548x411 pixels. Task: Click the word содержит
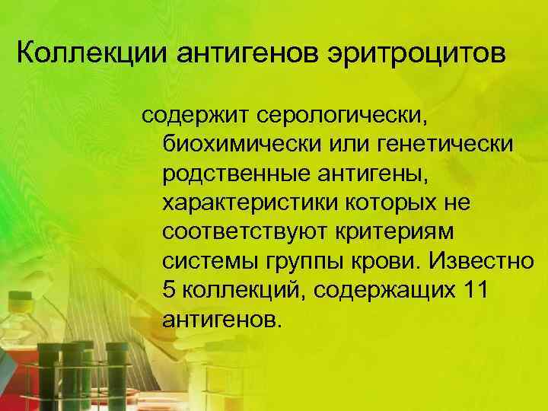(x=195, y=118)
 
